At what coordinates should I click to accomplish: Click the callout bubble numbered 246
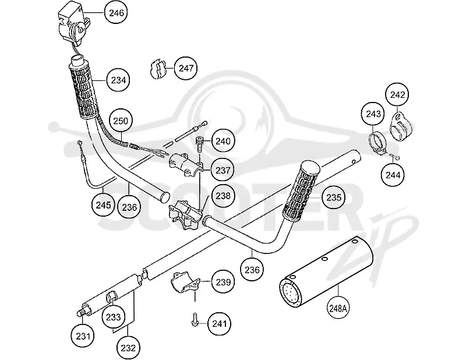[116, 13]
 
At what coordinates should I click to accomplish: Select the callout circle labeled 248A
[338, 308]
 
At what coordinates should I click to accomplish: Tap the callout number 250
[121, 121]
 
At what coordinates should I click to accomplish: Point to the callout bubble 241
[220, 324]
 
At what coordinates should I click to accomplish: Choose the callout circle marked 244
[393, 175]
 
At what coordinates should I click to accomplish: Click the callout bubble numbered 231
[83, 336]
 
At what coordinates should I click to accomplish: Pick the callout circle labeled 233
[113, 317]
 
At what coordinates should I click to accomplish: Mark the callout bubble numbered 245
[103, 205]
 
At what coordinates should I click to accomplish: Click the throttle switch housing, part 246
[73, 27]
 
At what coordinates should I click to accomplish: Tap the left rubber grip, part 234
[84, 89]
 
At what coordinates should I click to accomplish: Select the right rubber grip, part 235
[301, 190]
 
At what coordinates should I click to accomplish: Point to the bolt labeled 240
[199, 143]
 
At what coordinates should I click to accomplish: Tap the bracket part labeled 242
[399, 126]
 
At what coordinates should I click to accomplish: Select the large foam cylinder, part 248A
[326, 271]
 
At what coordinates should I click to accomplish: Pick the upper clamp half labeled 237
[186, 164]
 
